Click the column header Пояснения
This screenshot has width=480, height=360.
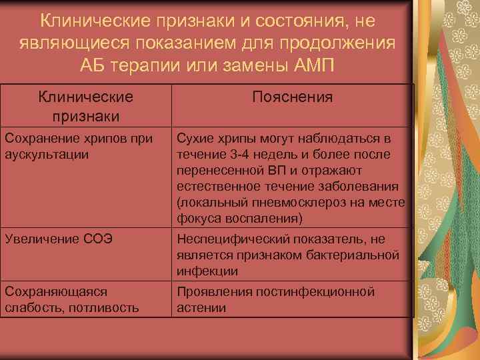(x=293, y=98)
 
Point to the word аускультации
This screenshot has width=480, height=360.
(x=46, y=153)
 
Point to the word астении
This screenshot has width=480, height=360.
(x=201, y=307)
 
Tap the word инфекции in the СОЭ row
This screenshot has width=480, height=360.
(x=206, y=271)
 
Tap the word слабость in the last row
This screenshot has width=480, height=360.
(x=31, y=307)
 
